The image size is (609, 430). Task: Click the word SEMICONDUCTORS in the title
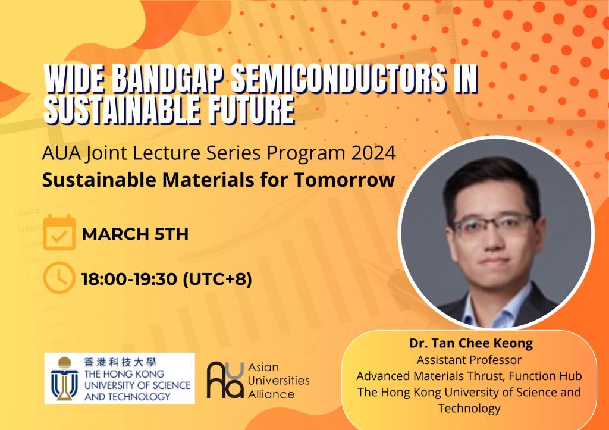pos(338,79)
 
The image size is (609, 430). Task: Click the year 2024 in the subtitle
pos(373,153)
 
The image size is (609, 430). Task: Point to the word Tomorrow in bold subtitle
pos(344,180)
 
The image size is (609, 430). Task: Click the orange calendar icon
pos(59,232)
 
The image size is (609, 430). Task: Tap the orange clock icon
pos(59,278)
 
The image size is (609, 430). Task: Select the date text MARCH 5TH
pos(135,234)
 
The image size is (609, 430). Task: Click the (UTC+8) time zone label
pos(217,279)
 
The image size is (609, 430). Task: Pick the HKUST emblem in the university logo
pos(64,378)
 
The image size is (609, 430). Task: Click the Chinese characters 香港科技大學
pos(120,362)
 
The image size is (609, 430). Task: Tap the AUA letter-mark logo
pos(225,380)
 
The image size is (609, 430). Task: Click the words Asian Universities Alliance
pos(278,381)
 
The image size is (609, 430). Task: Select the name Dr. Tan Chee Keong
pos(471,343)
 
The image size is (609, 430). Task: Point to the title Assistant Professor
pos(469,360)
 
